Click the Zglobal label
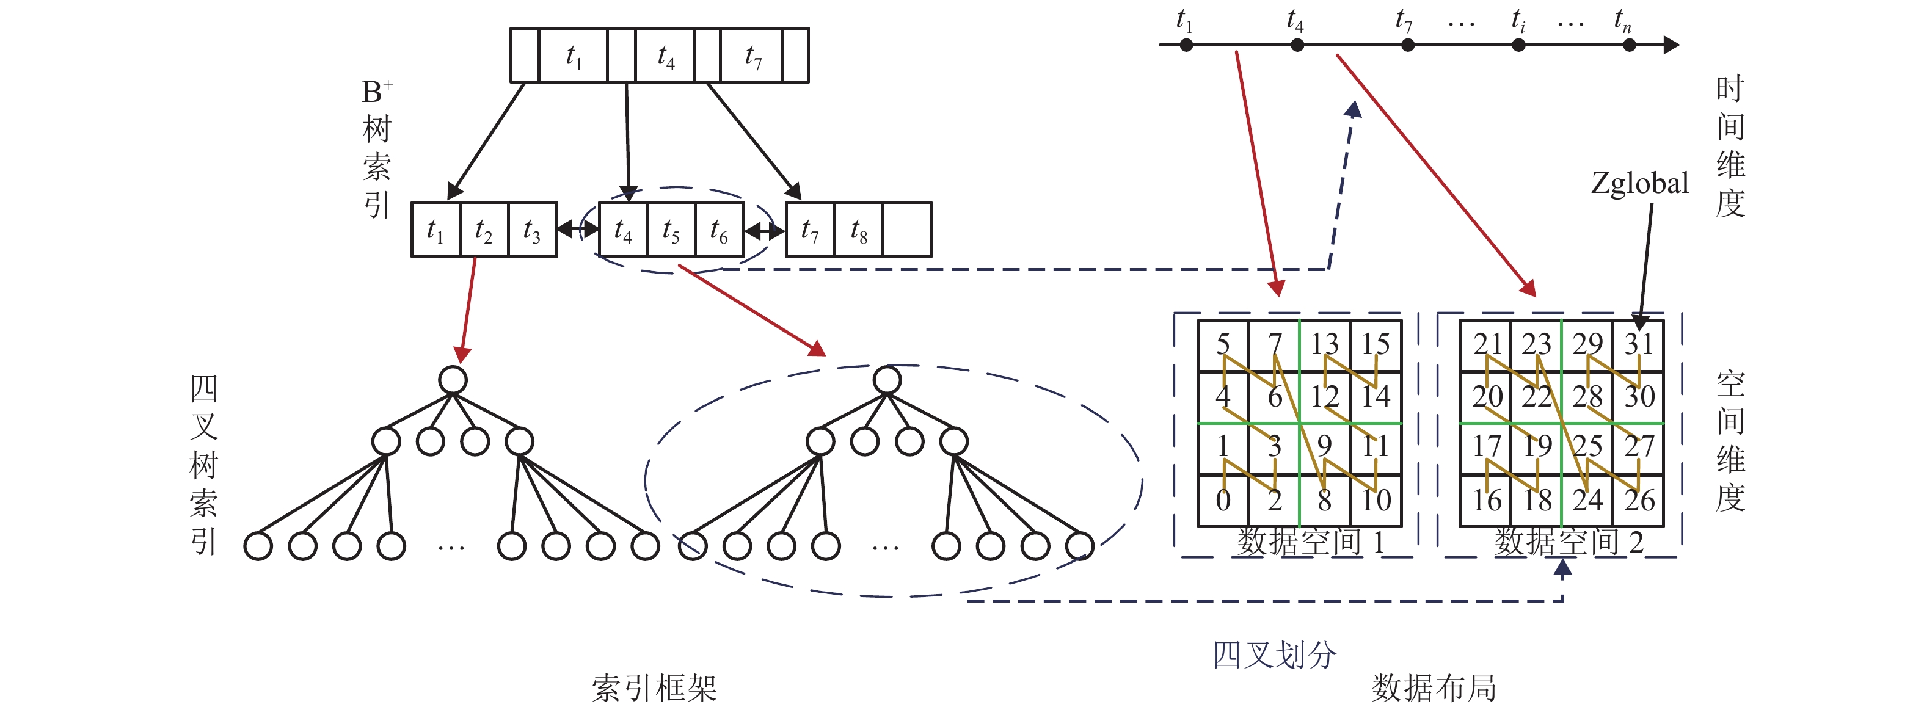pyautogui.click(x=1639, y=183)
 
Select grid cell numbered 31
pyautogui.click(x=1639, y=344)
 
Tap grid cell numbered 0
pyautogui.click(x=1223, y=500)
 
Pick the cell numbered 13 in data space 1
pyautogui.click(x=1324, y=344)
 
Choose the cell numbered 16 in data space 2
pyautogui.click(x=1486, y=500)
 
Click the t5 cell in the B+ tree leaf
pyautogui.click(x=671, y=230)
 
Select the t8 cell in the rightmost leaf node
pyautogui.click(x=859, y=230)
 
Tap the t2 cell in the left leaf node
pyautogui.click(x=483, y=230)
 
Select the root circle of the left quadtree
pyautogui.click(x=453, y=380)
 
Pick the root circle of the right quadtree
pyautogui.click(x=887, y=380)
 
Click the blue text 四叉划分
pyautogui.click(x=1274, y=654)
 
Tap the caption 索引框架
pyautogui.click(x=654, y=687)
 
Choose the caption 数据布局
pyautogui.click(x=1434, y=687)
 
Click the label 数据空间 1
pyautogui.click(x=1311, y=542)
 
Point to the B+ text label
pyautogui.click(x=376, y=92)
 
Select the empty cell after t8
pyautogui.click(x=907, y=230)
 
